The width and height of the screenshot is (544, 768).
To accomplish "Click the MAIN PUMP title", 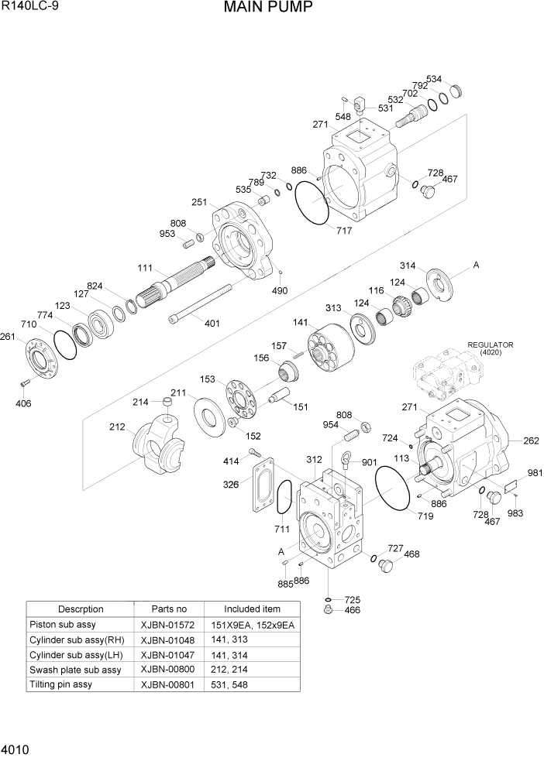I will coord(268,9).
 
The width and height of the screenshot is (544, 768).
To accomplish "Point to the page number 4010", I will coord(16,750).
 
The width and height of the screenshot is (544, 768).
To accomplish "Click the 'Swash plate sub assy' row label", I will coord(75,670).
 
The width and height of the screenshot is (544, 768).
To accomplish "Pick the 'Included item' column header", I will coord(252,609).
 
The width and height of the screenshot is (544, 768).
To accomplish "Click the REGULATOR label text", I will coord(490,345).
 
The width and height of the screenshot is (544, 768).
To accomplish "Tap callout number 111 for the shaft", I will coord(145,267).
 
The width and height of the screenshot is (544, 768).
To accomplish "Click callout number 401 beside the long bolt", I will coord(212,323).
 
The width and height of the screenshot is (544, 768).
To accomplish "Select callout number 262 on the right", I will coord(531,441).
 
